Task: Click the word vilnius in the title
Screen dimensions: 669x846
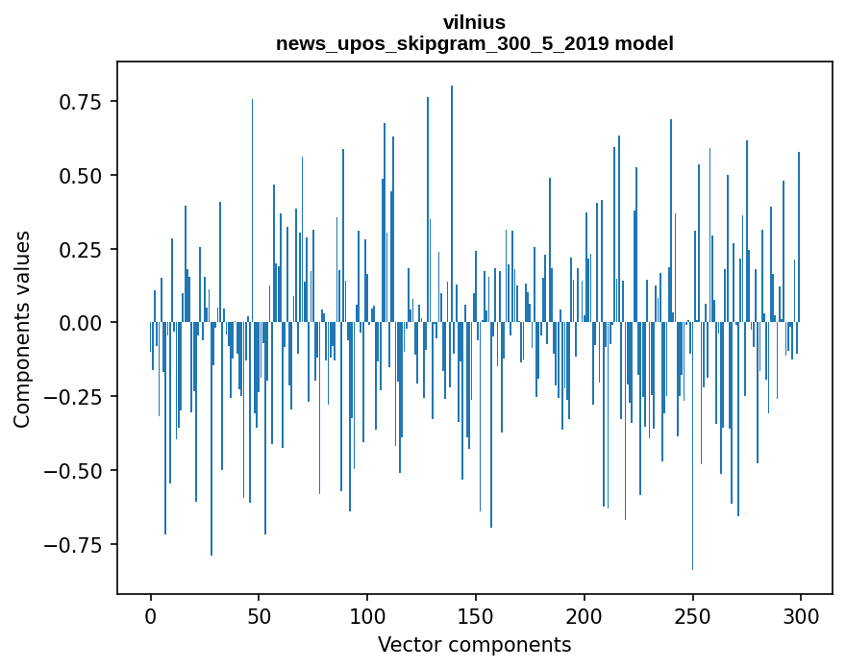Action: click(x=474, y=22)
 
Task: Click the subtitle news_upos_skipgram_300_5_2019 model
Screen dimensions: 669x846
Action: click(x=474, y=43)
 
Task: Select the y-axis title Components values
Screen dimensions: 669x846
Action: click(x=22, y=329)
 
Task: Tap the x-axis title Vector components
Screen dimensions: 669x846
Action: click(x=474, y=645)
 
